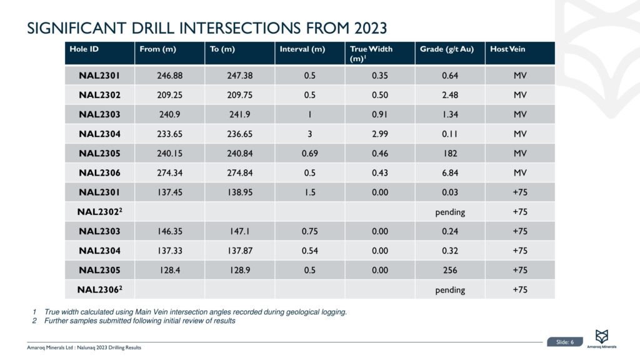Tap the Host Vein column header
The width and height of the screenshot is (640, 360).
pyautogui.click(x=507, y=49)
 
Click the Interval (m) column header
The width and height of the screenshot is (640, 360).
pyautogui.click(x=302, y=49)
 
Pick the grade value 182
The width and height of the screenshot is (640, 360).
pyautogui.click(x=449, y=154)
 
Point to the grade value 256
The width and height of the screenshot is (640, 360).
pyautogui.click(x=449, y=270)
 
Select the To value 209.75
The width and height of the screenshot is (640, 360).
pyautogui.click(x=238, y=96)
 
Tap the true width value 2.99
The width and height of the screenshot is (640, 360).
pyautogui.click(x=379, y=134)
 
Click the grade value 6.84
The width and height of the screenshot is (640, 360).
pyautogui.click(x=449, y=173)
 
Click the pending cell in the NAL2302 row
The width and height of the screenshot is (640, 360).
pyautogui.click(x=449, y=212)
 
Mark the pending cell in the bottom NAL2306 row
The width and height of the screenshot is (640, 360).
pyautogui.click(x=449, y=289)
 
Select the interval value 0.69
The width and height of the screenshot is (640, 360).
pyautogui.click(x=309, y=154)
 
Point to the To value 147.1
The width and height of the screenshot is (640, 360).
pyautogui.click(x=238, y=231)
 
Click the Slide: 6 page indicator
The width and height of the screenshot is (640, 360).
pyautogui.click(x=564, y=341)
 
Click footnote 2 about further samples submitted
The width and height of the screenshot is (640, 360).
pyautogui.click(x=139, y=321)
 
